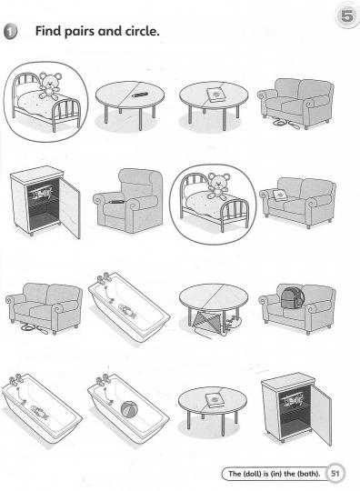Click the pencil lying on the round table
(x=139, y=95)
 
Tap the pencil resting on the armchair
(x=115, y=202)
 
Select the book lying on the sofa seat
(x=279, y=195)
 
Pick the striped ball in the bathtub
(x=129, y=410)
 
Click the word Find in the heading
(x=48, y=31)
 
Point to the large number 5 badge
(x=347, y=15)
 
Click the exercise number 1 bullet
(x=10, y=32)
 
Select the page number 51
(x=335, y=473)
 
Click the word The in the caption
(x=235, y=473)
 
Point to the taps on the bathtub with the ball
(x=103, y=379)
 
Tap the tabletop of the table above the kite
(x=214, y=296)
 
